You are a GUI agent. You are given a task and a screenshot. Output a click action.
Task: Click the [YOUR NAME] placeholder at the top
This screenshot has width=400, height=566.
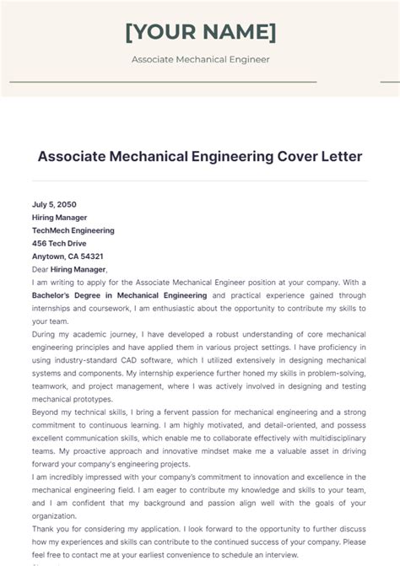tap(200, 32)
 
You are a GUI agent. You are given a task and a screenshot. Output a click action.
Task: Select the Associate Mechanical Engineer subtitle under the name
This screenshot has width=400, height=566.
tap(200, 60)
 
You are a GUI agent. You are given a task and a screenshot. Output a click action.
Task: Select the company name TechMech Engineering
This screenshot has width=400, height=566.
tap(73, 230)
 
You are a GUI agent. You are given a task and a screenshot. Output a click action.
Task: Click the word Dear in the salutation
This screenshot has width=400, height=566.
tap(41, 269)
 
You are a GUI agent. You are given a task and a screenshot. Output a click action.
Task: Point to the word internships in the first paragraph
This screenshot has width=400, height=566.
tap(52, 309)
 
